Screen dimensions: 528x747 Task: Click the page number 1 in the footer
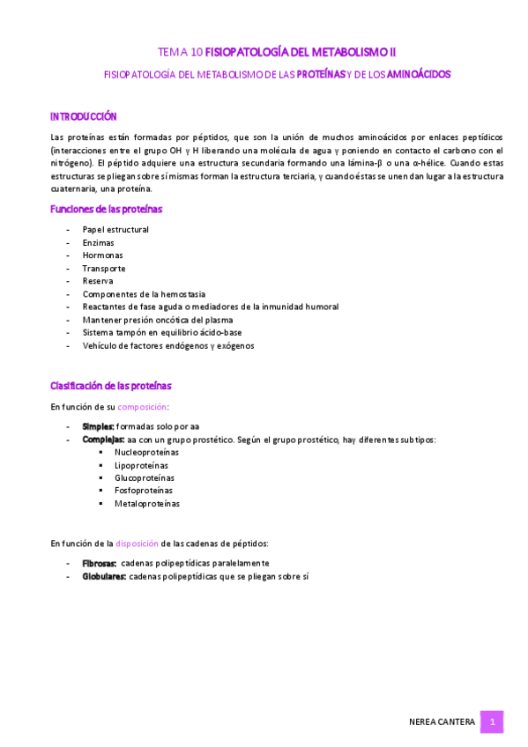[492, 722]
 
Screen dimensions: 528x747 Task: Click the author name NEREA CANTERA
[442, 722]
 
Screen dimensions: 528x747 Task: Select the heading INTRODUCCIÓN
[84, 116]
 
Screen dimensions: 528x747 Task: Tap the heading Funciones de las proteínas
[107, 210]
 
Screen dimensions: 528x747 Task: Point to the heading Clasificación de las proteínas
[111, 386]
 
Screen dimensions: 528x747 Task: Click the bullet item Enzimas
[98, 242]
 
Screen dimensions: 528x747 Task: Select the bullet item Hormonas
[102, 255]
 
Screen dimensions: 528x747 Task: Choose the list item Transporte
[104, 269]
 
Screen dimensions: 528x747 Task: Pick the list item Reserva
[98, 281]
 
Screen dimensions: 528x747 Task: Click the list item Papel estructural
[115, 230]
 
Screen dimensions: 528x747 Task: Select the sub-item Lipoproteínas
[141, 465]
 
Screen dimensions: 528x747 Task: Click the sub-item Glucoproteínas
[144, 478]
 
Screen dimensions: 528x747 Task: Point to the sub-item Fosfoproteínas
[143, 491]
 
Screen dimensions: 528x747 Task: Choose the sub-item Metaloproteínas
[146, 504]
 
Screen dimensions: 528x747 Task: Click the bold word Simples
[98, 426]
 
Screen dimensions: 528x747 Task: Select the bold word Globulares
[104, 576]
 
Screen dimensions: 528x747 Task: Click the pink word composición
[142, 407]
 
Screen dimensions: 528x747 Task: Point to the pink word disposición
[137, 544]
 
